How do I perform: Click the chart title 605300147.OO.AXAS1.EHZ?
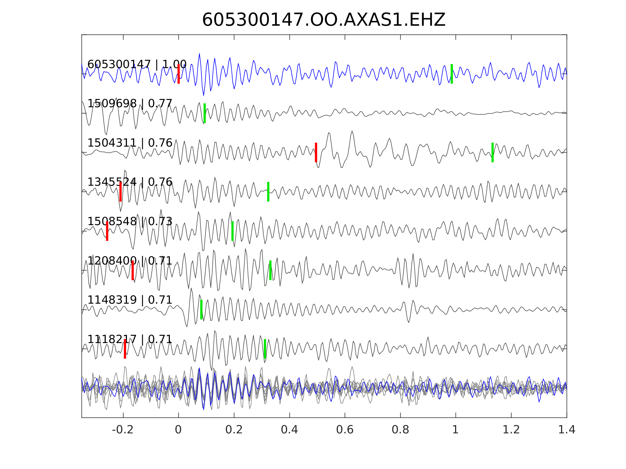(324, 20)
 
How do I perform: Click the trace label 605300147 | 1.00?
(137, 65)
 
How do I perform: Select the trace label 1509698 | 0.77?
(130, 104)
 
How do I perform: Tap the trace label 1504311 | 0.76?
(130, 143)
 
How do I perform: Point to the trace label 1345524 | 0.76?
(130, 182)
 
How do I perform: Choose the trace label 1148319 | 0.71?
(130, 300)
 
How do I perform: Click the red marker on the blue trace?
(179, 74)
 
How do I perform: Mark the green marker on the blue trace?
(452, 74)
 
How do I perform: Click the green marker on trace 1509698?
(205, 113)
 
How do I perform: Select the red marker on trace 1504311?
(316, 152)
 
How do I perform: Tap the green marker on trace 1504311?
(492, 152)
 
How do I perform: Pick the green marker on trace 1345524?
(268, 192)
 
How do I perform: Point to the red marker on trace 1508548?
(107, 231)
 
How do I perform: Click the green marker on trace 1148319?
(201, 310)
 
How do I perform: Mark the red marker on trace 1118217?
(125, 349)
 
